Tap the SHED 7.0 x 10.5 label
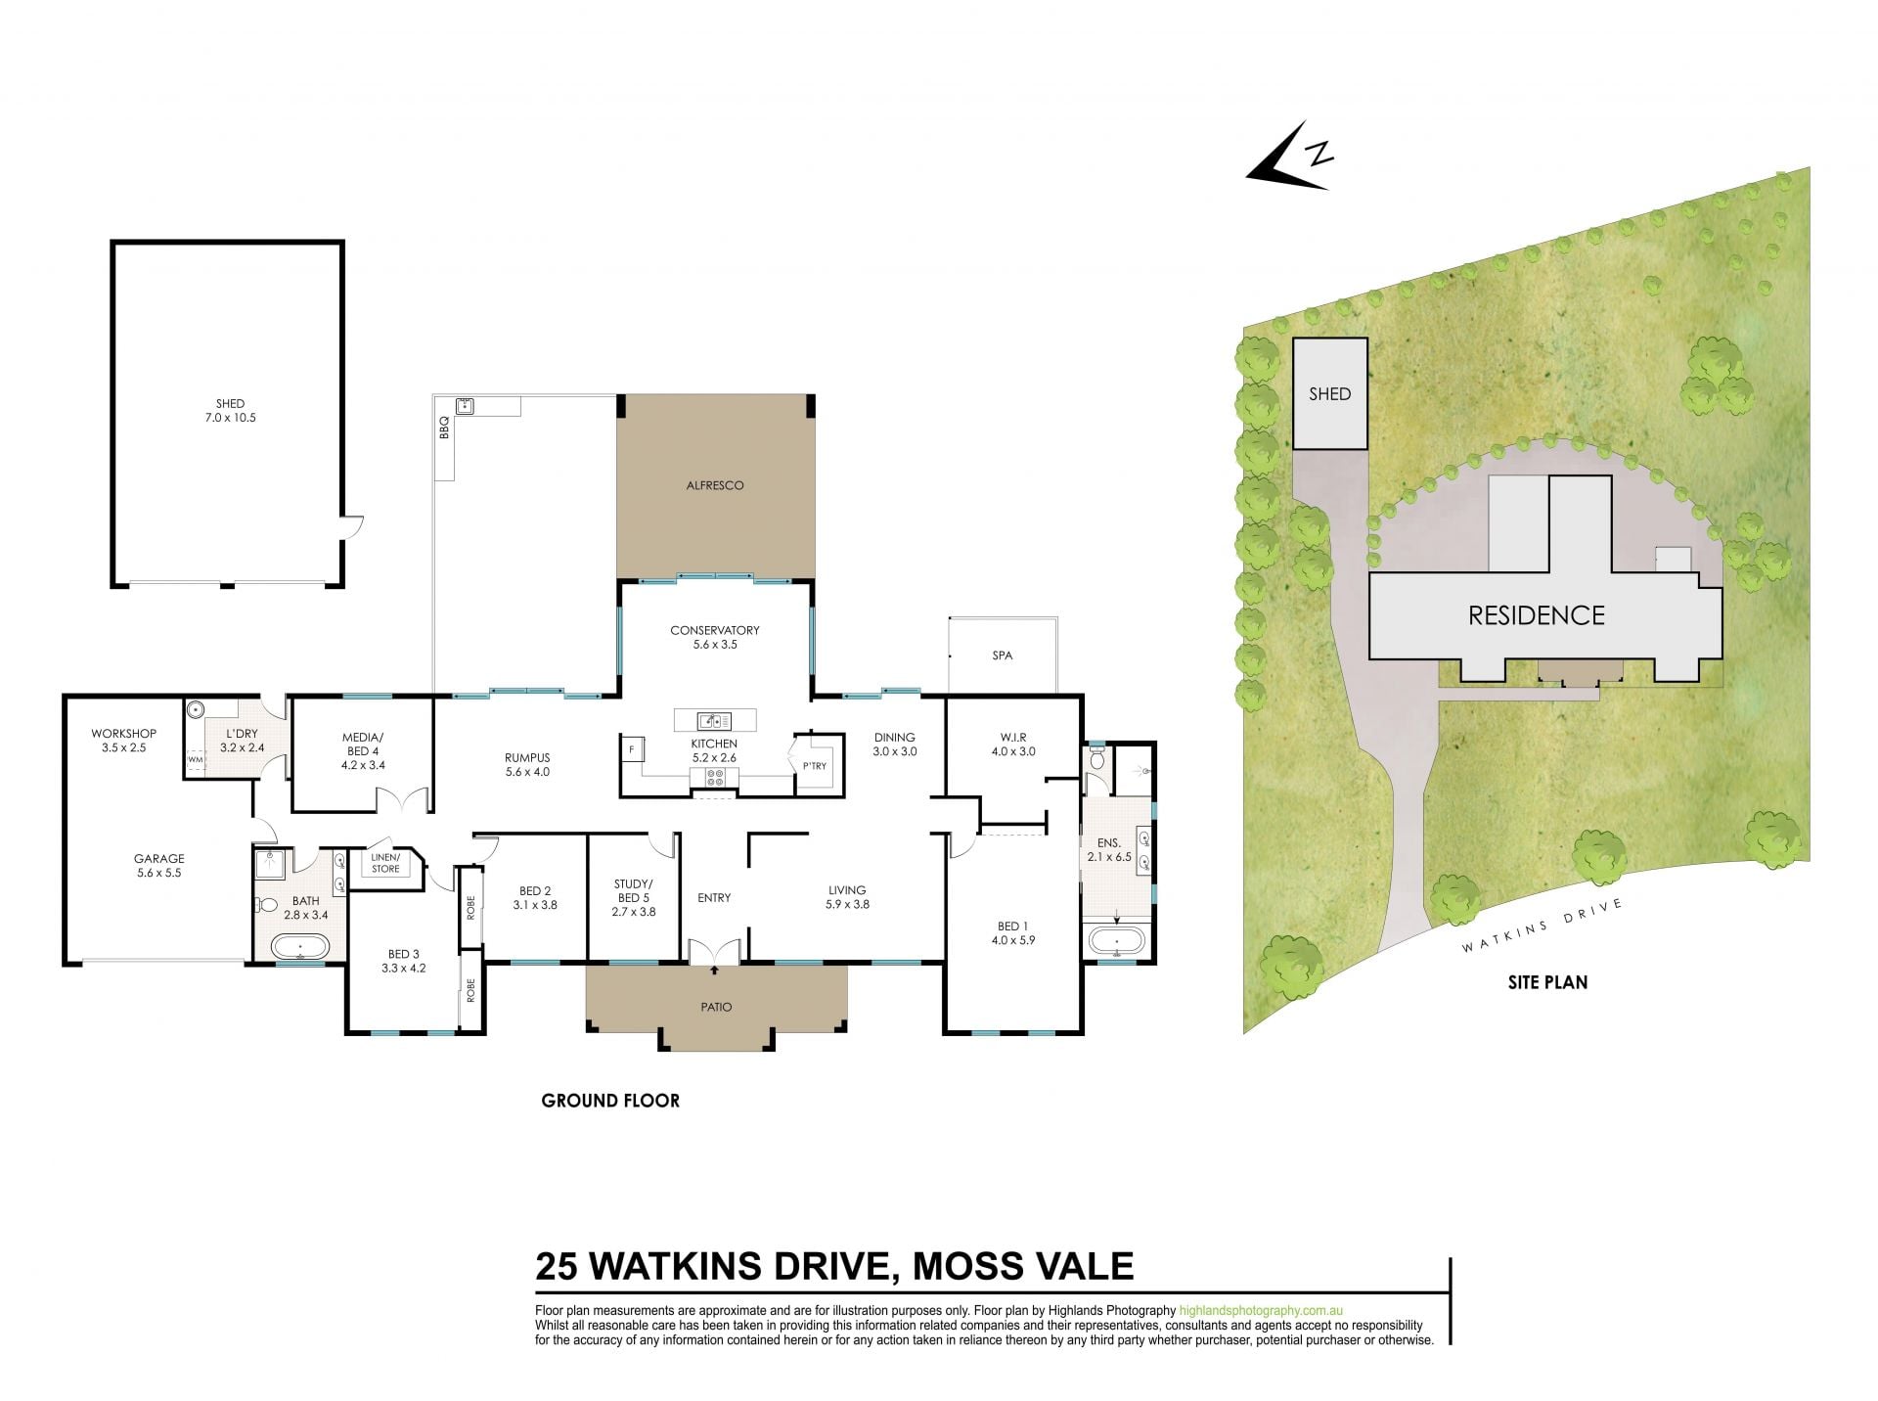pyautogui.click(x=231, y=410)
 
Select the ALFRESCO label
pyautogui.click(x=715, y=485)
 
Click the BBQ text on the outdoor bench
pyautogui.click(x=444, y=428)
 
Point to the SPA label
pyautogui.click(x=1003, y=655)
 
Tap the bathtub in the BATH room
pyautogui.click(x=300, y=947)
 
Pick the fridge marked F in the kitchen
pyautogui.click(x=632, y=749)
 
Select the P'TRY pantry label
pyautogui.click(x=815, y=766)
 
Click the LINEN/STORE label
pyautogui.click(x=385, y=863)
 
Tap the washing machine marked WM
pyautogui.click(x=196, y=759)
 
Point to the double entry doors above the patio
pyautogui.click(x=714, y=951)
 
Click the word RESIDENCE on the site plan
pyautogui.click(x=1537, y=615)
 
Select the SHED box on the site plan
pyautogui.click(x=1330, y=393)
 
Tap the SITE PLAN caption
pyautogui.click(x=1547, y=982)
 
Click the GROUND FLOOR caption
pyautogui.click(x=610, y=1101)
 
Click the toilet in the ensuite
pyautogui.click(x=1096, y=760)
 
